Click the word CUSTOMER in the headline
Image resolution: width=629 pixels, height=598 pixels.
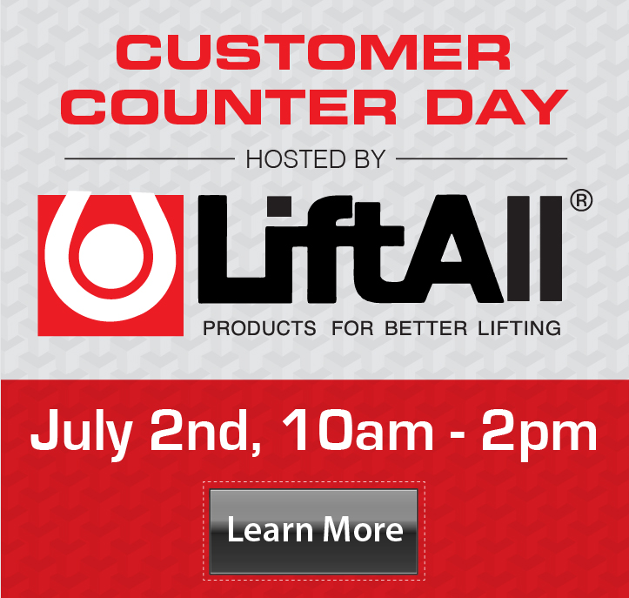coord(314,52)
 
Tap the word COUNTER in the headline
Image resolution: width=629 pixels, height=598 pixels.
coord(229,107)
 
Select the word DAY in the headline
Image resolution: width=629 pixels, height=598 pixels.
coord(497,107)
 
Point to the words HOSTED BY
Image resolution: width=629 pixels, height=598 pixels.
coord(315,159)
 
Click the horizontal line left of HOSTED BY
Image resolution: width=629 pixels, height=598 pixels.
coord(150,158)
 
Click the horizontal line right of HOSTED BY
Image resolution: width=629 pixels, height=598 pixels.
coord(481,158)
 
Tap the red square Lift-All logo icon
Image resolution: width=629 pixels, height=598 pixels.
coord(110,265)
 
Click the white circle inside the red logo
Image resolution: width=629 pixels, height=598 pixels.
coord(111,257)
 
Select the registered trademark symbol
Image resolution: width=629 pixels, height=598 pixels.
coord(581,200)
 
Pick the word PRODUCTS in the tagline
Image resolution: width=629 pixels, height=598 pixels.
coord(259,328)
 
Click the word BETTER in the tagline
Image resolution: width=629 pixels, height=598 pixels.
coord(426,328)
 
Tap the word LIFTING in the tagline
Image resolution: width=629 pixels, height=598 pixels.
coord(519,328)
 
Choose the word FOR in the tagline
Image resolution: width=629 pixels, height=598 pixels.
coord(352,328)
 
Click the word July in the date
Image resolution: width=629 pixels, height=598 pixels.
coord(82,434)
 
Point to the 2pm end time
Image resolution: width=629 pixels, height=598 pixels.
coord(539,435)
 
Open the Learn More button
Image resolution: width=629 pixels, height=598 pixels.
coord(314,531)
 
